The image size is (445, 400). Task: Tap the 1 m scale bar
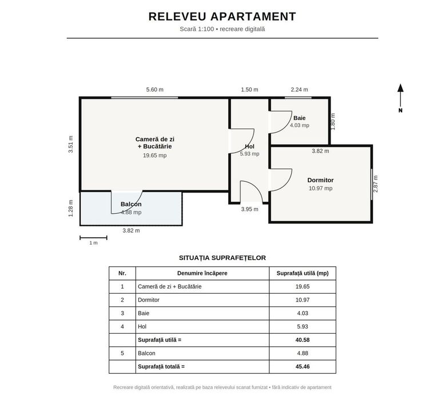93,238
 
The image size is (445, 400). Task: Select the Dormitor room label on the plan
320,180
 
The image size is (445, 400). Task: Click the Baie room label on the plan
299,118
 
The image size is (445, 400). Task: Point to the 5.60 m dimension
154,90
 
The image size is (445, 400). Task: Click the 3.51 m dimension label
71,145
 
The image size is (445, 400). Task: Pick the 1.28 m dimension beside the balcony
71,209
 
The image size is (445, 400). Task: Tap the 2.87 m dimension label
375,183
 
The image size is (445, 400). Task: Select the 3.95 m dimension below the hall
250,209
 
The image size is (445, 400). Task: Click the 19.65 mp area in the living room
154,155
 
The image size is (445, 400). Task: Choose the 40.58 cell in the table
302,340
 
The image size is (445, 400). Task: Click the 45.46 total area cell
302,366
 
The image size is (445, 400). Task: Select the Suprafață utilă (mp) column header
303,273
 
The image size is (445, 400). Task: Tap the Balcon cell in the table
146,353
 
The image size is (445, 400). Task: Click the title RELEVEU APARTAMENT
223,17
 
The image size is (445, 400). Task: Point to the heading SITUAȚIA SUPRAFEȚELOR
223,258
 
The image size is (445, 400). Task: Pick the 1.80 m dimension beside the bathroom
333,122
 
